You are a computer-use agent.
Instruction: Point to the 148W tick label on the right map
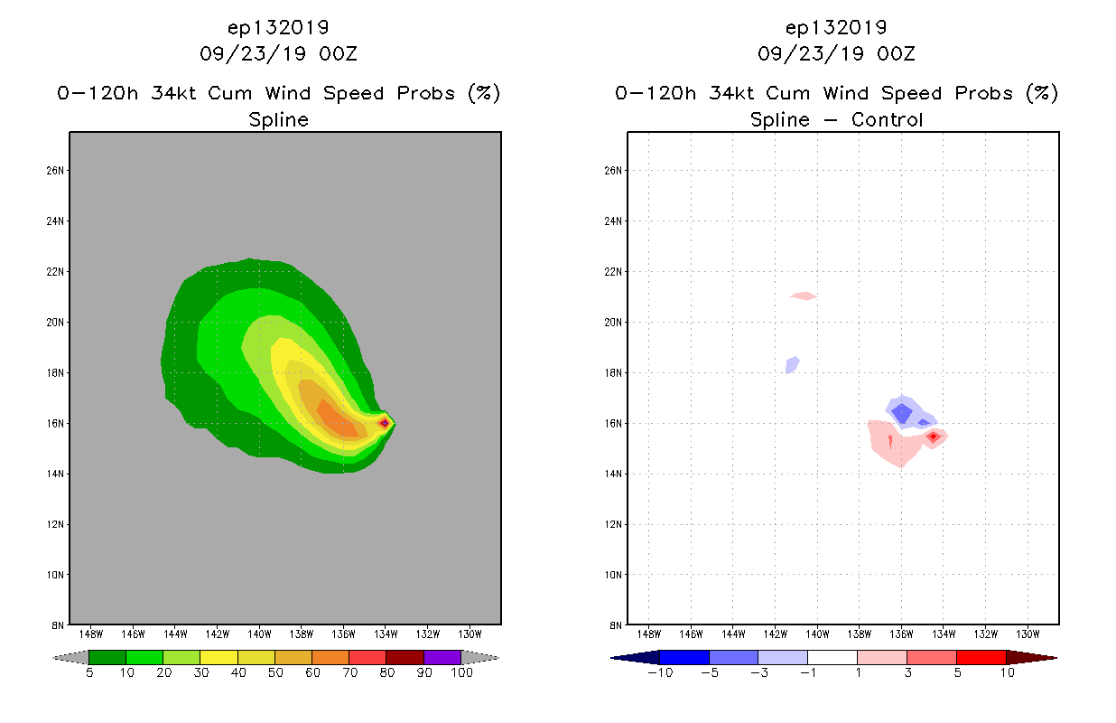click(x=649, y=634)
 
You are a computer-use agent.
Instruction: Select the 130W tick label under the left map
click(x=470, y=634)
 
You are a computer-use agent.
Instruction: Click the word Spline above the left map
click(x=278, y=119)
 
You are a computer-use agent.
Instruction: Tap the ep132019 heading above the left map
click(x=278, y=28)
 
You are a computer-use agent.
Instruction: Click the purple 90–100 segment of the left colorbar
click(x=442, y=657)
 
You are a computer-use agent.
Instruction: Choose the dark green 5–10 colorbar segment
click(x=107, y=657)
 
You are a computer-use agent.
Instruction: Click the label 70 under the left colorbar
click(x=349, y=673)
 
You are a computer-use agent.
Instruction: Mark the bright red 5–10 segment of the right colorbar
click(x=981, y=657)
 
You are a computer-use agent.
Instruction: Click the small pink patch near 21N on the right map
click(x=803, y=296)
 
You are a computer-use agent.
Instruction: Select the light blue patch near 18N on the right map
click(x=792, y=364)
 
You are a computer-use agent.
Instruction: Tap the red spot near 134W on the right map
click(x=934, y=437)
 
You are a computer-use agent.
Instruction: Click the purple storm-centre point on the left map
click(x=385, y=422)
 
